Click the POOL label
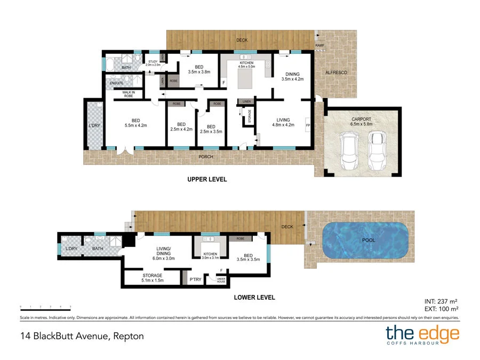click(x=369, y=240)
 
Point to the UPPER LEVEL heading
click(x=207, y=180)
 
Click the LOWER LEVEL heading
click(x=254, y=298)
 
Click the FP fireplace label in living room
click(x=308, y=126)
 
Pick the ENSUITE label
click(x=116, y=83)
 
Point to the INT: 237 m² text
click(x=441, y=300)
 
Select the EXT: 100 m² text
click(x=441, y=308)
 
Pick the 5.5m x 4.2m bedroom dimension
click(x=135, y=126)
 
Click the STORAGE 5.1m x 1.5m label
click(x=152, y=278)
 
